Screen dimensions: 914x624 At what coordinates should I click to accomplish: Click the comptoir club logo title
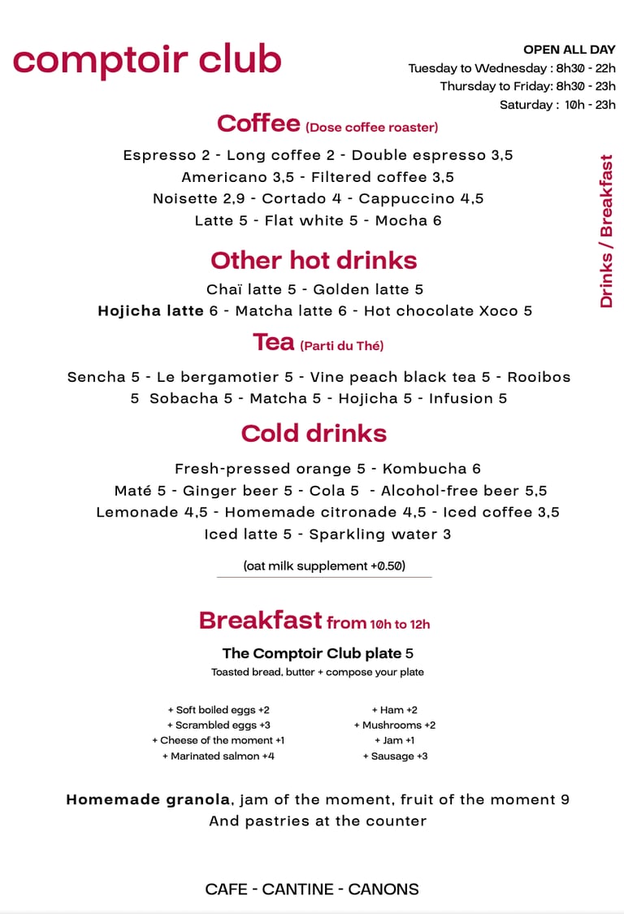tap(147, 59)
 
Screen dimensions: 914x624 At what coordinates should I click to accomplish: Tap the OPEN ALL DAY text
tap(569, 50)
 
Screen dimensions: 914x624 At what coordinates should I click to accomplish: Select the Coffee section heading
tap(258, 123)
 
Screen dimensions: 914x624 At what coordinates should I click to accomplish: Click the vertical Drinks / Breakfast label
tap(606, 231)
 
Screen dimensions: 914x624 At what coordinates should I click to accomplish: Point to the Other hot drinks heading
tap(314, 260)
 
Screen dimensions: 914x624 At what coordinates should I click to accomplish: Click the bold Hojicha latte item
tap(150, 310)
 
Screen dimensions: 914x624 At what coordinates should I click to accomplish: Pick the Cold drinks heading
tap(314, 433)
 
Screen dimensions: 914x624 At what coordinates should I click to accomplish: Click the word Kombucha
tap(419, 469)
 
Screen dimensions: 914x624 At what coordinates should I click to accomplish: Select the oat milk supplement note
tap(324, 565)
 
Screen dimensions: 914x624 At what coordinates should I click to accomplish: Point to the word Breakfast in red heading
tap(260, 621)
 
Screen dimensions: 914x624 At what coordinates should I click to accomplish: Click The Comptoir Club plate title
tap(311, 653)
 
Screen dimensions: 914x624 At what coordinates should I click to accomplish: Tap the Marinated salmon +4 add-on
tap(219, 756)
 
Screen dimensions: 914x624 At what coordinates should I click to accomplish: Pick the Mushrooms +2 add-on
tap(395, 725)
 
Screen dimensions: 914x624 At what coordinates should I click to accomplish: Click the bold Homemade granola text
tap(148, 799)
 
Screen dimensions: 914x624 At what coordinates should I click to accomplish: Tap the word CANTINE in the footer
tap(312, 889)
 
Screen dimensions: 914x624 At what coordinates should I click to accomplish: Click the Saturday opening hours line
tap(557, 105)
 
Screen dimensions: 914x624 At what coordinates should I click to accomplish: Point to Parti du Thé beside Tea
tap(342, 346)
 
